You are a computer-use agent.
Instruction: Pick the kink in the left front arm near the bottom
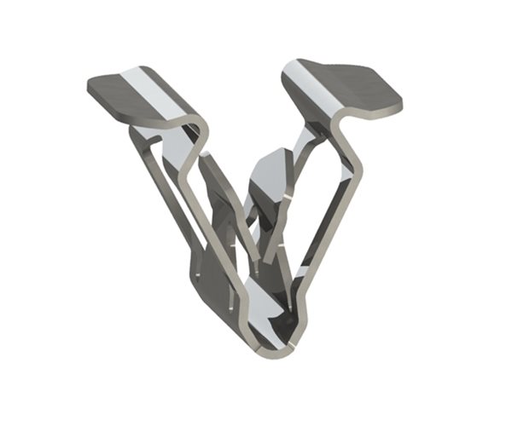[242, 294]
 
